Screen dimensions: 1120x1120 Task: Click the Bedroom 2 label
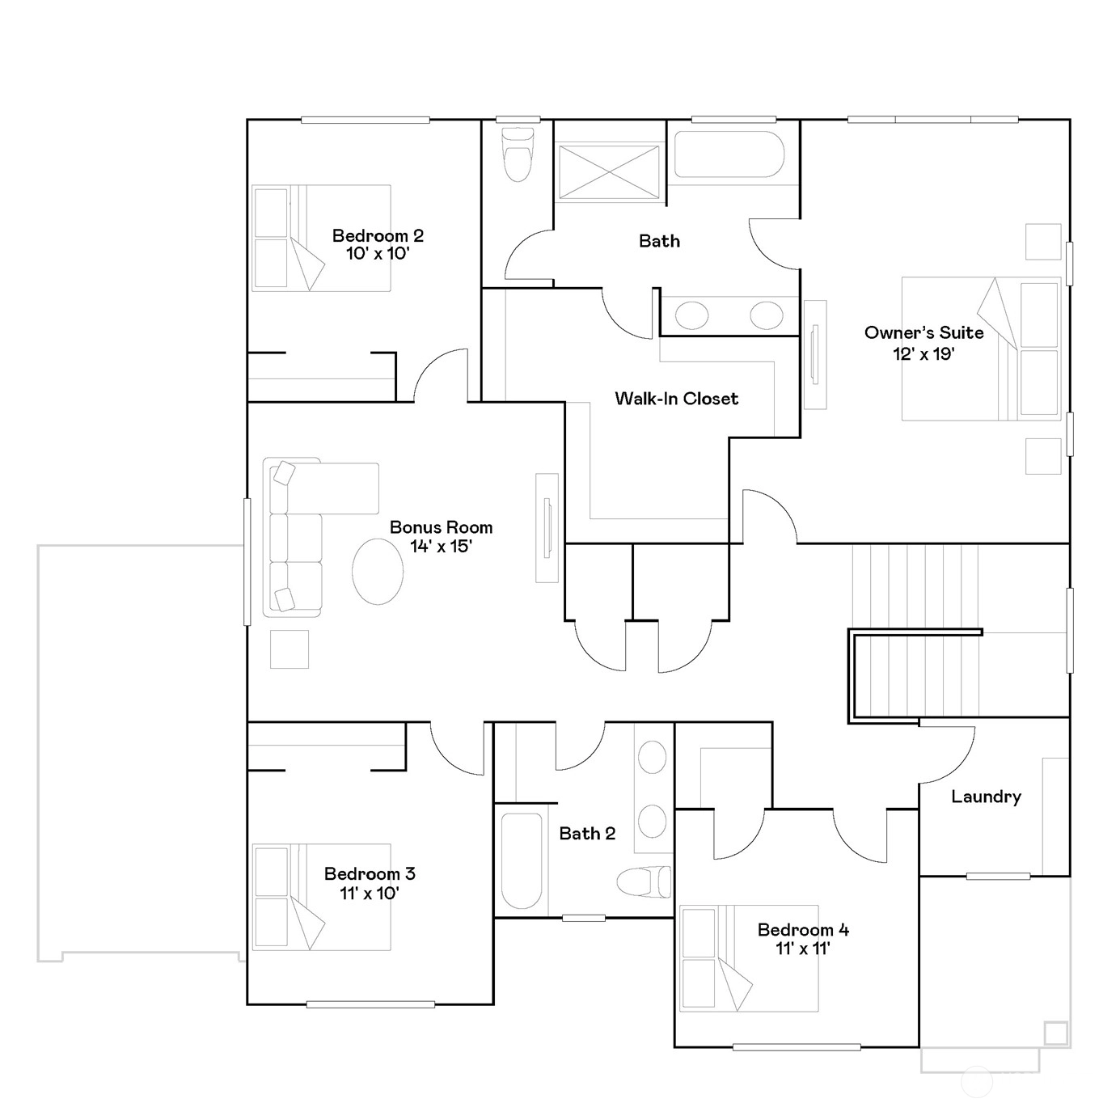(x=378, y=235)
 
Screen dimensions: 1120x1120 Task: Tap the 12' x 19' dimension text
(x=923, y=353)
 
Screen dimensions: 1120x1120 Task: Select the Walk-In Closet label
(x=677, y=398)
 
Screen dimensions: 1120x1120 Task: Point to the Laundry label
(x=986, y=797)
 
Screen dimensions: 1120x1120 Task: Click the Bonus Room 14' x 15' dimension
(x=441, y=547)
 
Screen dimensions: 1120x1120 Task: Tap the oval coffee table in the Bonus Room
(x=378, y=572)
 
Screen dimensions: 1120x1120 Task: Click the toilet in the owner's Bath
(x=518, y=154)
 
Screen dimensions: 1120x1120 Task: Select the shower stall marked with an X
(x=609, y=172)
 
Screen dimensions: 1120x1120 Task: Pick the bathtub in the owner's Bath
(x=729, y=154)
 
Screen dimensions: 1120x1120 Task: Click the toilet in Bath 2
(x=644, y=881)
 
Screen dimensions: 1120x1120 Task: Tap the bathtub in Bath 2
(x=522, y=860)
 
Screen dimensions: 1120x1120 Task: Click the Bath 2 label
(x=587, y=834)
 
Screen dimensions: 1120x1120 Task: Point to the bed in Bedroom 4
(x=749, y=958)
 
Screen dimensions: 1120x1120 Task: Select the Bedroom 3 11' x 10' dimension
(x=369, y=893)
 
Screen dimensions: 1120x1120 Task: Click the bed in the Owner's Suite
(x=981, y=349)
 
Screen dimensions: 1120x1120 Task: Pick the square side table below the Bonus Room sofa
(x=290, y=649)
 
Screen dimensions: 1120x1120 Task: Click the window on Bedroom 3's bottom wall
(x=370, y=1004)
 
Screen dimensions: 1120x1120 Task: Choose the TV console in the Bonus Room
(x=547, y=528)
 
